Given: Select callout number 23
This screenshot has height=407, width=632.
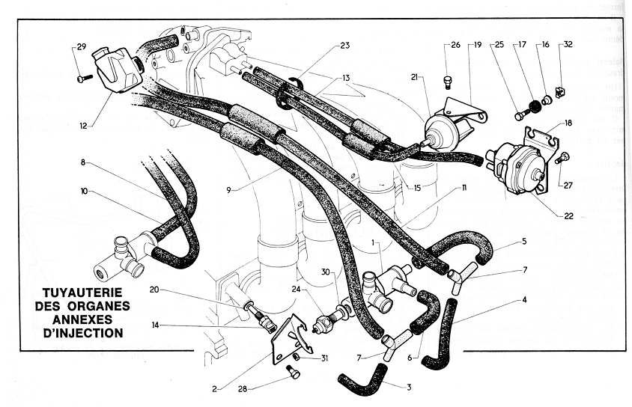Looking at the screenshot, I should tap(344, 46).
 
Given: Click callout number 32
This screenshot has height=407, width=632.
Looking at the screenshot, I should tap(568, 45).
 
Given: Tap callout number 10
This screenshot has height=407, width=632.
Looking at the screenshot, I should tap(85, 192).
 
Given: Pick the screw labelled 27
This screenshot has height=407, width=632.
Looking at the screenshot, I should tap(566, 156).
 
